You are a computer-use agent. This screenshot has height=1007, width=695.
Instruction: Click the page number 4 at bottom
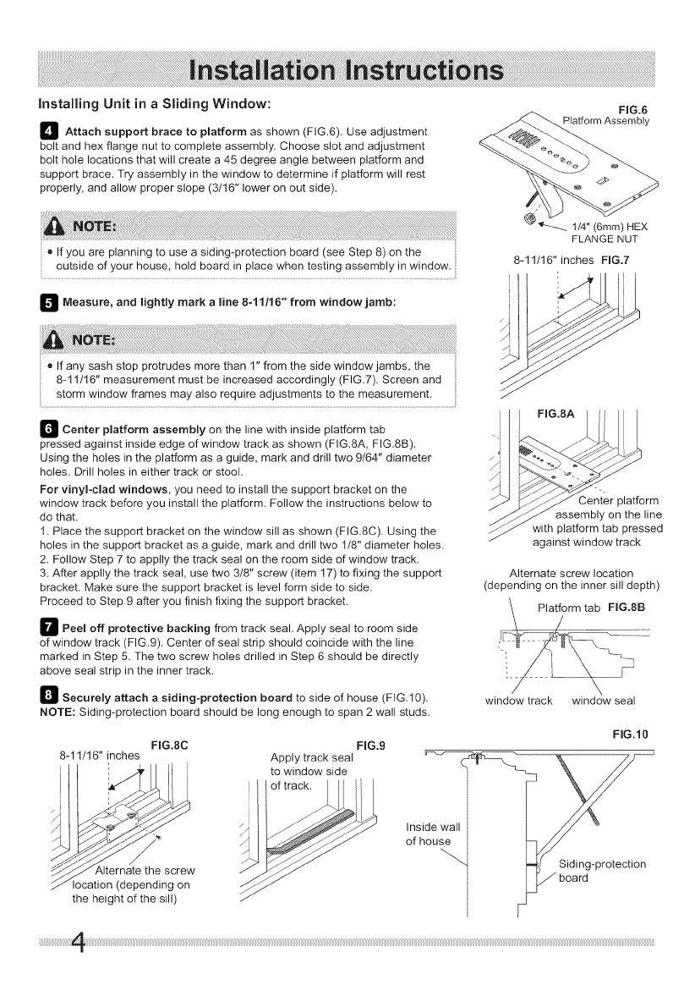tap(82, 961)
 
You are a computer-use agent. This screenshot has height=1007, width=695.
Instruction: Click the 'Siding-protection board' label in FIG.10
tap(602, 870)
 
